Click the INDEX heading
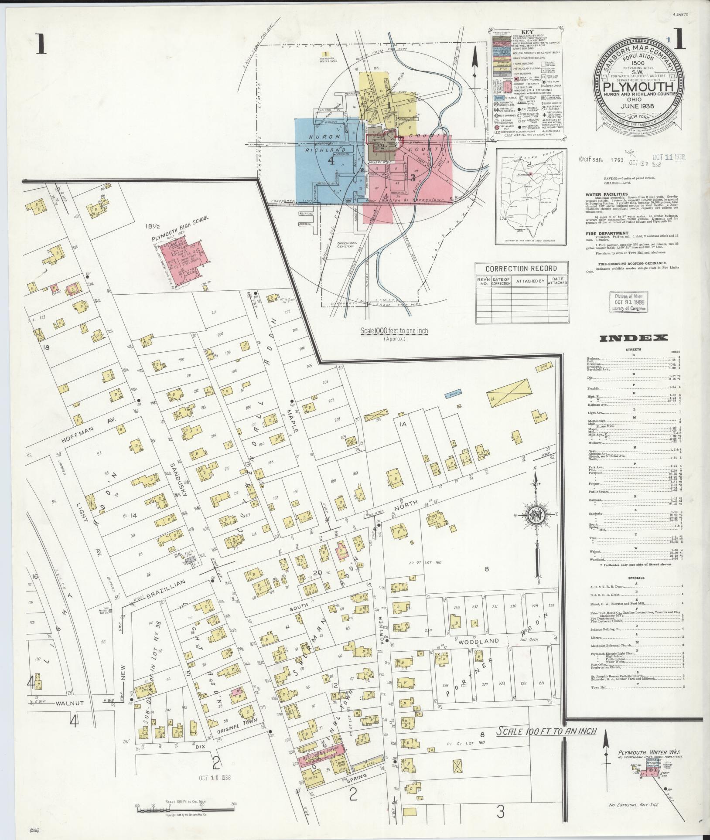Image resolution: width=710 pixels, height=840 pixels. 633,338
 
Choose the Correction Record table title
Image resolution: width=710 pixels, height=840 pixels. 521,269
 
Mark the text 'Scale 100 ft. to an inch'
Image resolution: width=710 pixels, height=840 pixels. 546,731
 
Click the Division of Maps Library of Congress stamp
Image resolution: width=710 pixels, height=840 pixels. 628,302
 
